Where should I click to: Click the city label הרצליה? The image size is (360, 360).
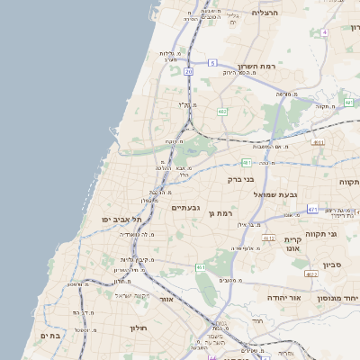(x=267, y=13)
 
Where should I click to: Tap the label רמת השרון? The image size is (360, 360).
(x=256, y=67)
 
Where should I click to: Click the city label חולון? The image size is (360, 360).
(x=138, y=328)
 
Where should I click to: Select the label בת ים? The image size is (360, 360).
(x=49, y=336)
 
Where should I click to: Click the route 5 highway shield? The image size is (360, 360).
(x=212, y=63)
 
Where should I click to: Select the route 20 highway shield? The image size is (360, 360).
(x=188, y=70)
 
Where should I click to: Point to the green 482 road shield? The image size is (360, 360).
(x=222, y=112)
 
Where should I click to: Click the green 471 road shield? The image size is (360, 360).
(x=312, y=209)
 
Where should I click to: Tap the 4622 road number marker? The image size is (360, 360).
(x=269, y=238)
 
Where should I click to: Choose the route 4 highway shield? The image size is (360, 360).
(x=348, y=31)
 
